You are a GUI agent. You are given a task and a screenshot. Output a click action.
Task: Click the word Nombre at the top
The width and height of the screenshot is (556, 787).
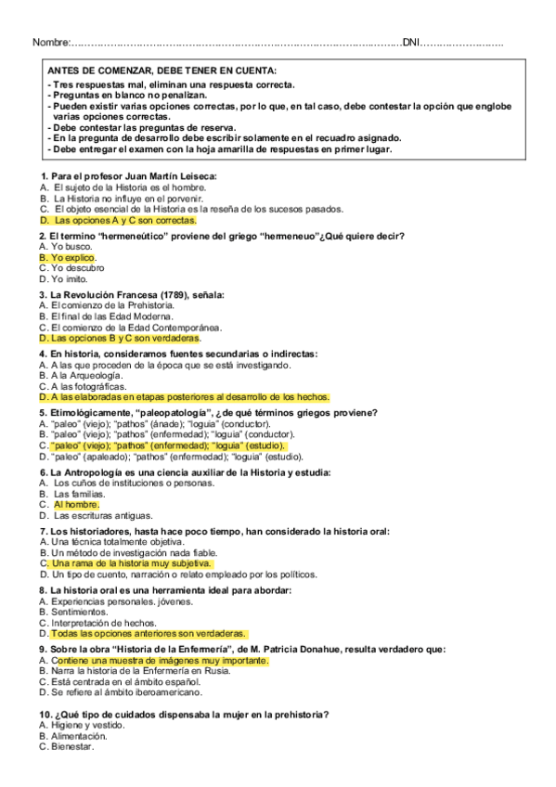(50, 44)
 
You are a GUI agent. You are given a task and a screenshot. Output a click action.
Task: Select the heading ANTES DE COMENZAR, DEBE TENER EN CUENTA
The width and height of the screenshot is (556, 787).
(162, 71)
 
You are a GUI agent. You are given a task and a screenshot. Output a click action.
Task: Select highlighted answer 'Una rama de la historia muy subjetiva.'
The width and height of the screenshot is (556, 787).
(131, 563)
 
